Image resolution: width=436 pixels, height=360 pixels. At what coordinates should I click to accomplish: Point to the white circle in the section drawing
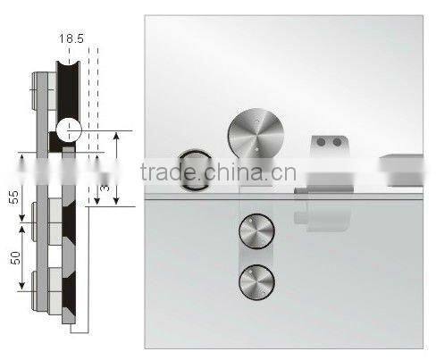[x=69, y=132]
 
